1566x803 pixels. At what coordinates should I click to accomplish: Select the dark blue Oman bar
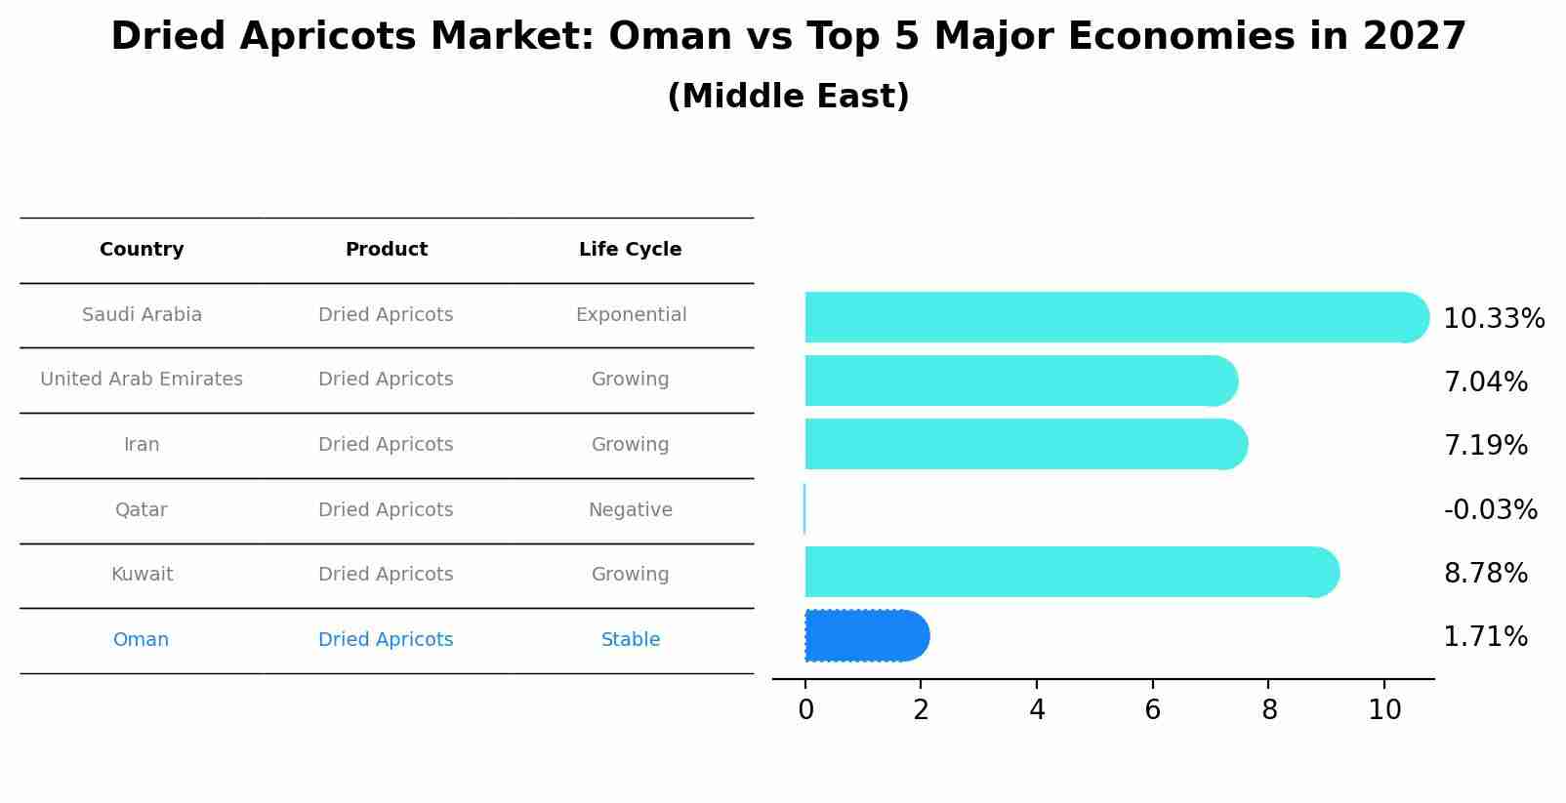point(864,636)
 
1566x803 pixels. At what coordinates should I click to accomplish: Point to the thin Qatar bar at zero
point(804,509)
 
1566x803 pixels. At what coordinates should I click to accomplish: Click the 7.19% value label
point(1485,446)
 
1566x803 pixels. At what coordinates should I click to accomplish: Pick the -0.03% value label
point(1490,510)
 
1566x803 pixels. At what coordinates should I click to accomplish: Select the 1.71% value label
point(1485,637)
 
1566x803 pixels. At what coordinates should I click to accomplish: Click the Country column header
point(142,250)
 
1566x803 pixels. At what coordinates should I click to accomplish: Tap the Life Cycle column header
point(630,250)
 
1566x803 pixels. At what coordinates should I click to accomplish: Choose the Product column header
point(386,250)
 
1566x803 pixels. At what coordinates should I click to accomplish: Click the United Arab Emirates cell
point(142,380)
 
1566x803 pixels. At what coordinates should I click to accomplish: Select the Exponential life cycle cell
point(631,315)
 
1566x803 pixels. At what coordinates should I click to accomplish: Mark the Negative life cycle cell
point(630,510)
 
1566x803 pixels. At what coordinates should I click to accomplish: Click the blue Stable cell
point(630,640)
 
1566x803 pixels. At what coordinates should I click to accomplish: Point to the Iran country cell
point(142,445)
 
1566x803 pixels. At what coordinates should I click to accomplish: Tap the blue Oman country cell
point(141,640)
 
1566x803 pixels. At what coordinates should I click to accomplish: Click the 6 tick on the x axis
point(1152,710)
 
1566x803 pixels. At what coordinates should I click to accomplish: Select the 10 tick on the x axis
point(1384,710)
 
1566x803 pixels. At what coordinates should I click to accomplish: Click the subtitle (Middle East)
point(788,97)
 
